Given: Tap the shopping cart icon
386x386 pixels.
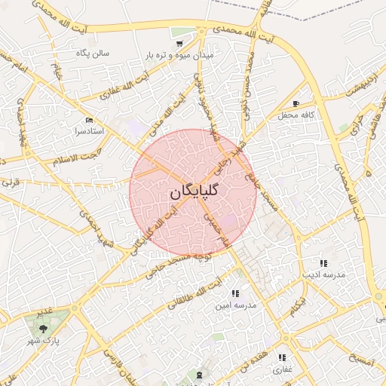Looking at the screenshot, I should (181, 32).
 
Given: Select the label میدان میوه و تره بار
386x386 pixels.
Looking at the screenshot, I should (181, 56).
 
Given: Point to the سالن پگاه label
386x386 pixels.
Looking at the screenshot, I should (93, 54).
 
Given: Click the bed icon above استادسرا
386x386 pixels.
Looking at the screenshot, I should (90, 120).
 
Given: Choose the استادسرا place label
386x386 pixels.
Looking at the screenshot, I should (89, 130).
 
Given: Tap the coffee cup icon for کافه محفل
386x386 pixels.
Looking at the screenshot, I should (296, 104).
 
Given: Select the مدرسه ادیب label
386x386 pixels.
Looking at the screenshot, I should (323, 274).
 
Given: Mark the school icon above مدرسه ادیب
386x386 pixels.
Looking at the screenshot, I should (323, 263).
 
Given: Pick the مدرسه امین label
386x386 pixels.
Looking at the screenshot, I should (236, 305).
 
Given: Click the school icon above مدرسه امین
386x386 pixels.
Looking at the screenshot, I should (235, 293).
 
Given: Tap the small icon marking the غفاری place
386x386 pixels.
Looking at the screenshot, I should (282, 358).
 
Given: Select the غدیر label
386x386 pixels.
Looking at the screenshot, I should (43, 311).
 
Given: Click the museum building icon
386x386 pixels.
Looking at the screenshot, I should (199, 375).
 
